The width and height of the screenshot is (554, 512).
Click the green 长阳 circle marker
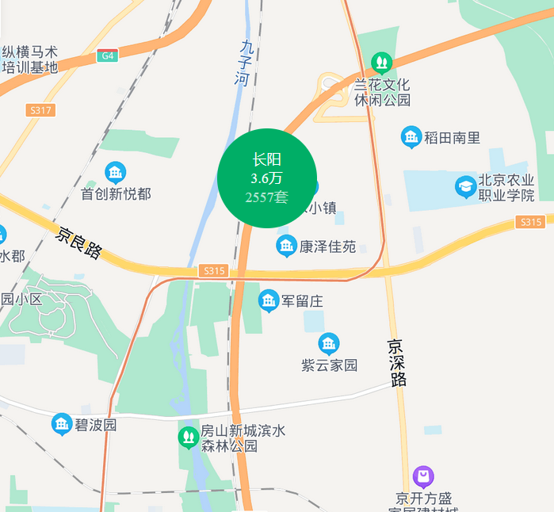coord(267,178)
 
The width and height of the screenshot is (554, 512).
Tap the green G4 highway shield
coord(108,55)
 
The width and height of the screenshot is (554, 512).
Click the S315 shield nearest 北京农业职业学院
coord(530,222)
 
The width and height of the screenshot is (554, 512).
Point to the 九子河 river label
coord(246,63)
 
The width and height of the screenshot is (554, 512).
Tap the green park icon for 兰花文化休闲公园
coord(381,61)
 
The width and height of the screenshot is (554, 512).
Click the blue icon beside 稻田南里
coord(411,137)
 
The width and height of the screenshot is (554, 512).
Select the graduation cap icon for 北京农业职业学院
coord(465,187)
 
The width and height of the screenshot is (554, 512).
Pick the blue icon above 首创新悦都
coord(116,171)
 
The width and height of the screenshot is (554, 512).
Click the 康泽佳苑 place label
coord(327,246)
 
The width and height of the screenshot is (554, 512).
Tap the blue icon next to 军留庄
coord(269,300)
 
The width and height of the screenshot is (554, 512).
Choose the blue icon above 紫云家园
coord(329,344)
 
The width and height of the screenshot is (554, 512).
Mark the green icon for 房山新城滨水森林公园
coord(188,436)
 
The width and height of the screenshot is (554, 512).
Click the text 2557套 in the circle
coord(267,197)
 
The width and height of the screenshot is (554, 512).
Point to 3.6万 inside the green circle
coord(267,178)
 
